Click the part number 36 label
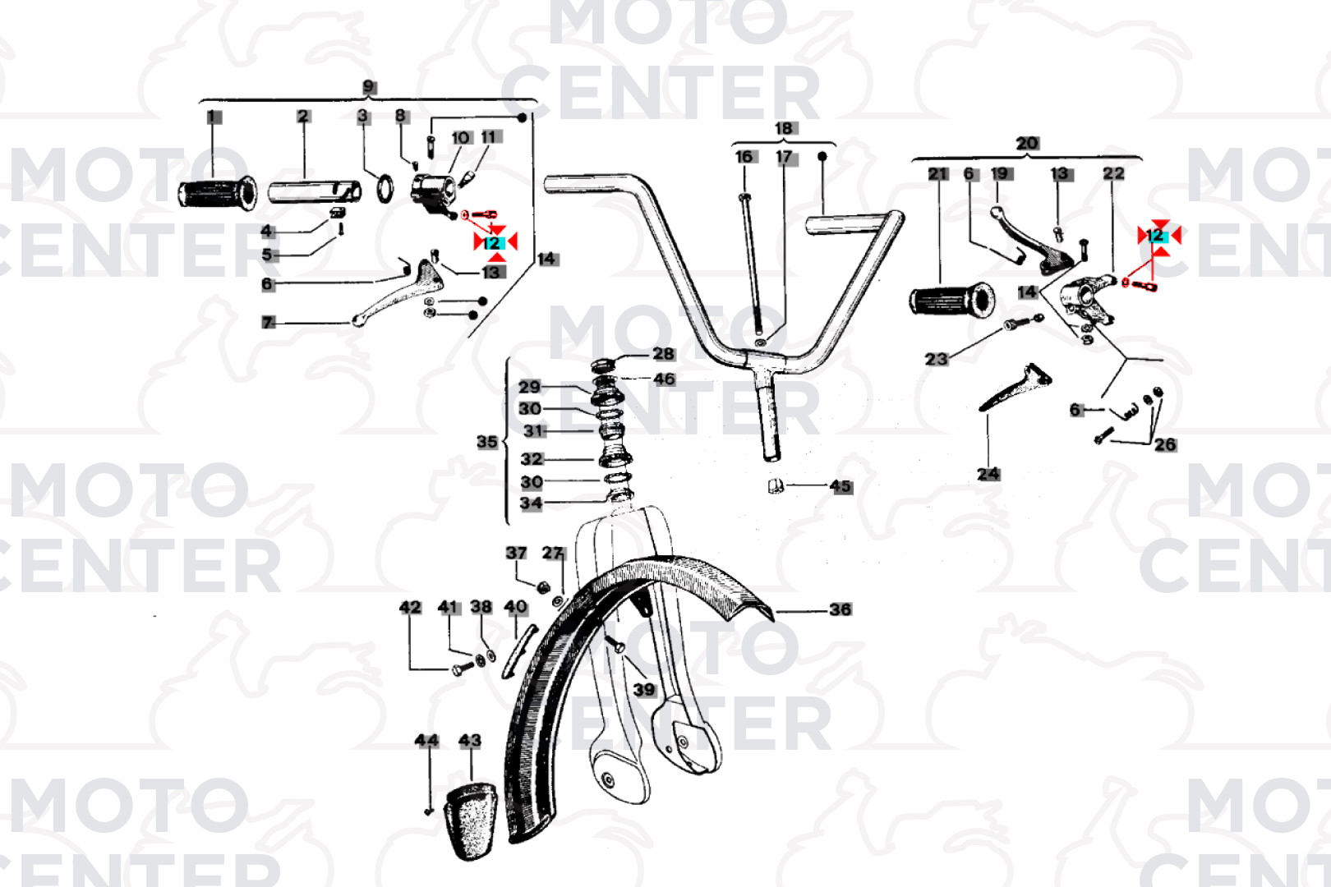pos(841,609)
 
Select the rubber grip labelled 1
pos(218,193)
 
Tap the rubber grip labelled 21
pos(952,300)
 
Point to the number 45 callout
pos(841,486)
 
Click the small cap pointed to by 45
pos(776,485)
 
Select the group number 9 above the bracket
pos(369,87)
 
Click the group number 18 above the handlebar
pos(783,128)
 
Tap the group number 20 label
pos(1027,143)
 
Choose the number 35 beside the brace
pos(486,441)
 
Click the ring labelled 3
pos(385,188)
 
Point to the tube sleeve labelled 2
pos(315,192)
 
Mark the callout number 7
pos(268,323)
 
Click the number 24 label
pos(988,474)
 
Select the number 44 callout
pos(426,740)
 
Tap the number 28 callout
pos(664,354)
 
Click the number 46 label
pos(665,379)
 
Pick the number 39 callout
pos(644,689)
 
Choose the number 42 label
pos(410,607)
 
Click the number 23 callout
pos(937,359)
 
